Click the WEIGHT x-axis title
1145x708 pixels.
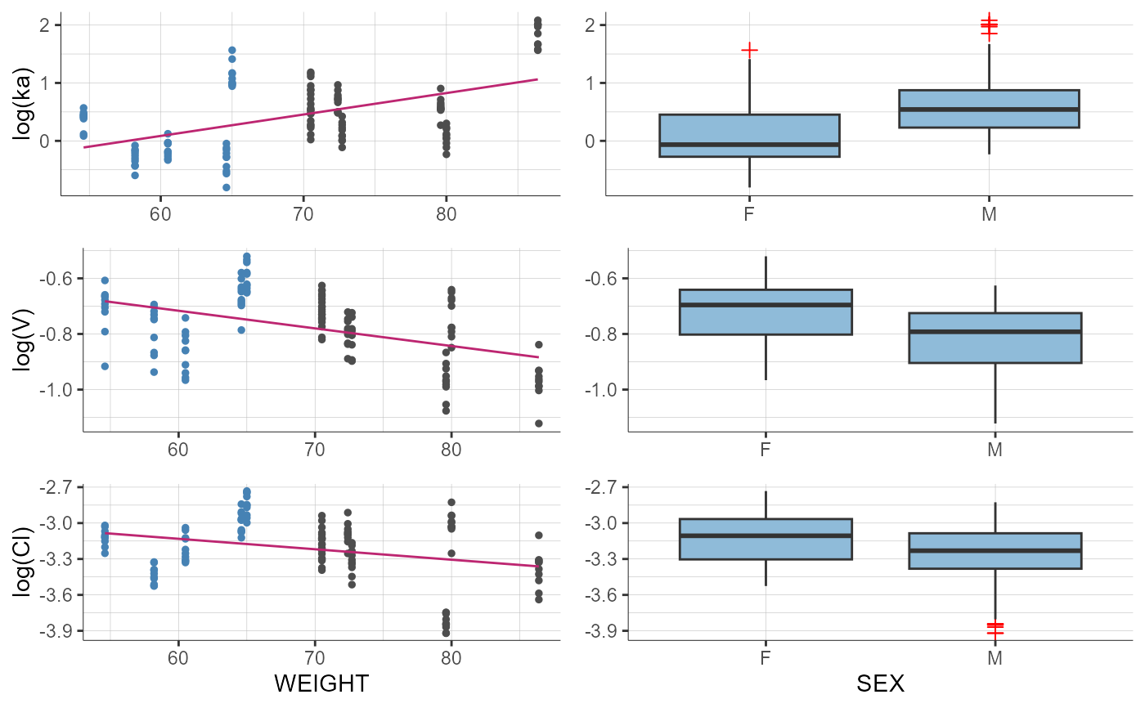(321, 683)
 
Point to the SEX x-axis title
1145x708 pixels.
(880, 683)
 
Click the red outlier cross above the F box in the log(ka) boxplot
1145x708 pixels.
(749, 50)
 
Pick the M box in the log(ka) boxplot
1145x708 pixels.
(989, 109)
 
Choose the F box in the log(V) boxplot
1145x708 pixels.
(766, 311)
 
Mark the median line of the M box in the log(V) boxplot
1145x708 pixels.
(995, 331)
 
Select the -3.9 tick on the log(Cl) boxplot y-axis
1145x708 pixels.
(602, 631)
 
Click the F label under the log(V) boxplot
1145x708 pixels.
(766, 450)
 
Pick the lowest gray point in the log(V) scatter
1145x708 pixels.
(539, 423)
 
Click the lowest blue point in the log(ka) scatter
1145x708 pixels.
(227, 187)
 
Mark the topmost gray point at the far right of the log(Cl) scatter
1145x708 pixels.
(539, 535)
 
